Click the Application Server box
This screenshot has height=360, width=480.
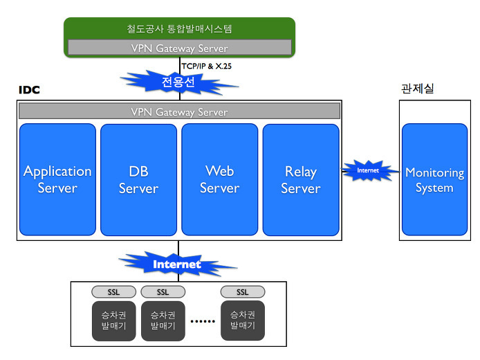[x=57, y=179]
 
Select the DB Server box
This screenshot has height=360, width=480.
[x=138, y=179]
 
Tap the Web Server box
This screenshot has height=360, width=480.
[x=220, y=179]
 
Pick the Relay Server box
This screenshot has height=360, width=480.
[x=301, y=179]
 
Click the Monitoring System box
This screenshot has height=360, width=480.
[x=434, y=179]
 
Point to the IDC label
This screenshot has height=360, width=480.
[x=29, y=90]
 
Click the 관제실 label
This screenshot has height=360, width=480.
[x=418, y=89]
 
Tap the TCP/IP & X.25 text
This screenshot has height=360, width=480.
[x=207, y=66]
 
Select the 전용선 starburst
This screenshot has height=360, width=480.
[x=178, y=82]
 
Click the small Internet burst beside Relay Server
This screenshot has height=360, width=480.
[x=368, y=170]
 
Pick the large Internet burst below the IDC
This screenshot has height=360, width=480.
[x=177, y=264]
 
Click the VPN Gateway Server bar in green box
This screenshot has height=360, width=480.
[x=180, y=48]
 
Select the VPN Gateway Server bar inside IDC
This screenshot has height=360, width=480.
[x=179, y=111]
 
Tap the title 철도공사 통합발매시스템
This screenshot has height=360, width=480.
[x=179, y=29]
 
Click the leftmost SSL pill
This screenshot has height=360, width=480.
[x=114, y=292]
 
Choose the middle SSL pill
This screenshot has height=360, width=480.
[x=163, y=292]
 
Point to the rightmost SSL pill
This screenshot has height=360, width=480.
[x=243, y=292]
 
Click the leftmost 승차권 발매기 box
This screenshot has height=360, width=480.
[x=114, y=321]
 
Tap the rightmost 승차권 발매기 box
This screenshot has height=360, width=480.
[x=243, y=321]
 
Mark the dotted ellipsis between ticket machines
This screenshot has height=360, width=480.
[x=203, y=321]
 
